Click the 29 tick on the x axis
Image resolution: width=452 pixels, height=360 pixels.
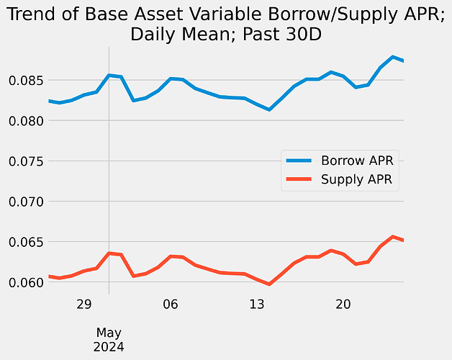pos(83,305)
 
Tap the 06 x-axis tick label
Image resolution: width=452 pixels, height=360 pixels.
pos(171,305)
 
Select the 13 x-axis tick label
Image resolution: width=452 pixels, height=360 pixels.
pos(257,305)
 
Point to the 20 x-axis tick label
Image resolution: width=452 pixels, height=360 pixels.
pos(343,305)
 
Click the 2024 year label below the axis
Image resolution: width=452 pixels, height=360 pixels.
pos(109,346)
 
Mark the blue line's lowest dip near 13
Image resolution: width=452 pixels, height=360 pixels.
pos(268,109)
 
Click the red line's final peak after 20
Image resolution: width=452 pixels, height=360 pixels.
pos(393,236)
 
